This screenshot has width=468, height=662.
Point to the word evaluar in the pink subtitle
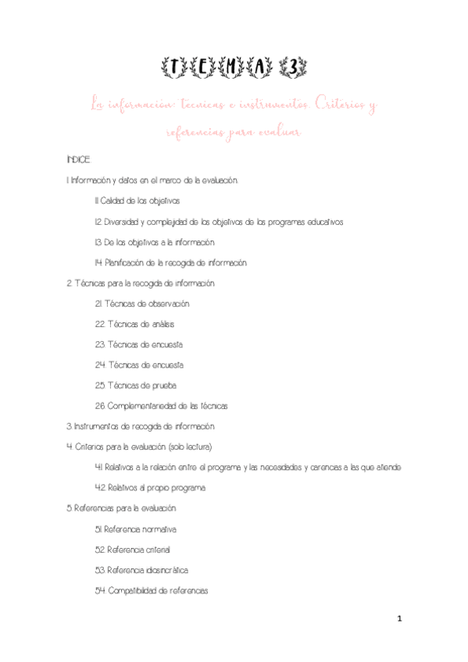click(x=277, y=133)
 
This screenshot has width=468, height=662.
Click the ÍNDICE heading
click(x=80, y=160)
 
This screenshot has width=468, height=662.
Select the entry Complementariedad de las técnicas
click(x=161, y=406)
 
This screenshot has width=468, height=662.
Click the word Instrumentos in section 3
click(x=99, y=426)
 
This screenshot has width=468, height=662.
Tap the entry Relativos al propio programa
click(x=149, y=488)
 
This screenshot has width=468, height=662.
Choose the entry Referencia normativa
click(x=137, y=529)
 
